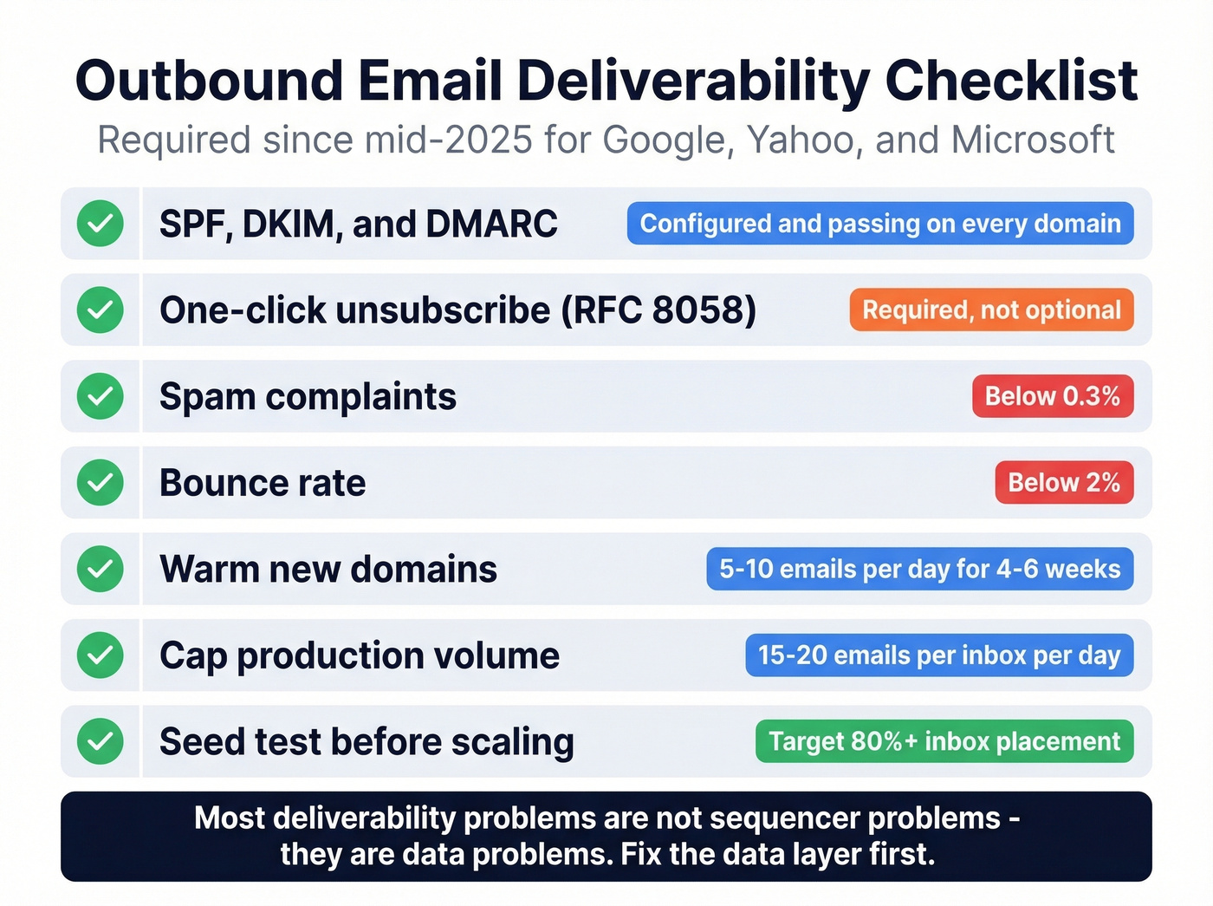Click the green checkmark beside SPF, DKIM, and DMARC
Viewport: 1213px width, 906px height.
click(x=101, y=224)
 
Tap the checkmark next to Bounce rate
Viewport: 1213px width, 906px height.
click(x=101, y=483)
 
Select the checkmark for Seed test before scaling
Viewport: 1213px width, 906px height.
click(x=101, y=741)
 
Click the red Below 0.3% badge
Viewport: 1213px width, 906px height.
click(x=1053, y=396)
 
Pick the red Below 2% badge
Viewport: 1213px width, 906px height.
click(x=1064, y=483)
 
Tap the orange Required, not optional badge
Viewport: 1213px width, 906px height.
click(x=991, y=310)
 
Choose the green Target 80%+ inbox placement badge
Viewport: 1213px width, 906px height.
click(x=944, y=741)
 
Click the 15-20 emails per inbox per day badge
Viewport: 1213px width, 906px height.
click(x=939, y=655)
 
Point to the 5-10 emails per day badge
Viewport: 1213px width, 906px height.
click(x=920, y=569)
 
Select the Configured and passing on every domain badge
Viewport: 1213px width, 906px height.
click(x=880, y=224)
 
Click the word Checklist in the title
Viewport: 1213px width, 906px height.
click(x=1011, y=81)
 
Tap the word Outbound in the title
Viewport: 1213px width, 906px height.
click(x=210, y=81)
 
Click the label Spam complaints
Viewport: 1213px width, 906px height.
click(x=308, y=397)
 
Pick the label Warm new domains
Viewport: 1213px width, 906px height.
click(x=328, y=570)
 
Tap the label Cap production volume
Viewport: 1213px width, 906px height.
click(x=360, y=656)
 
